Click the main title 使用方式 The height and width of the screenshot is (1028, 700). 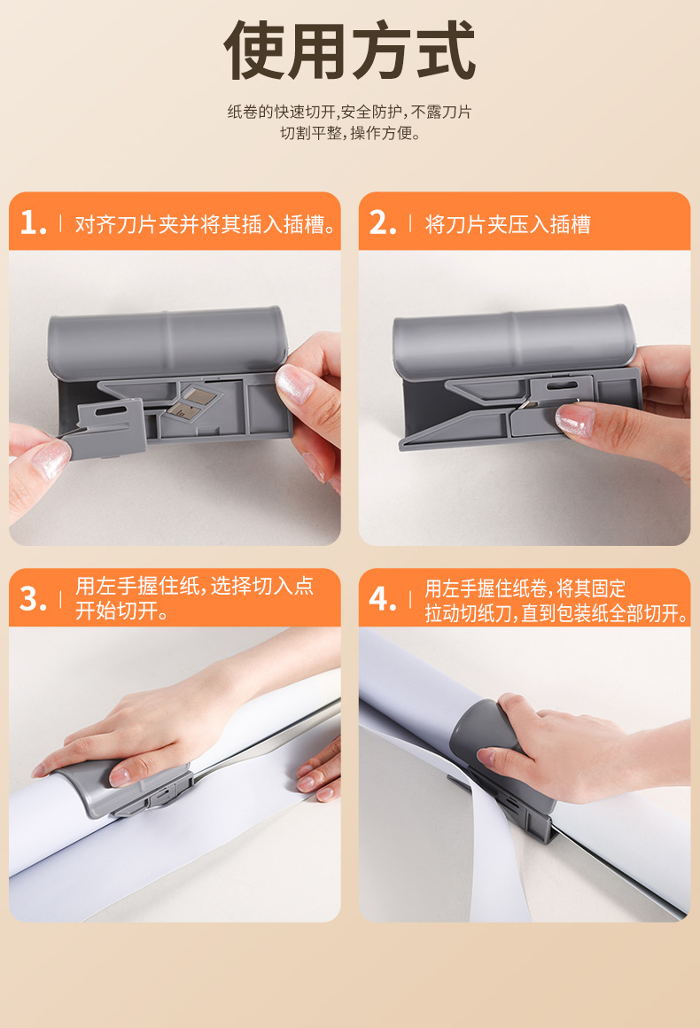349,51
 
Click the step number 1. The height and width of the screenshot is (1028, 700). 33,223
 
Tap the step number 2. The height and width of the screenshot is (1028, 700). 383,223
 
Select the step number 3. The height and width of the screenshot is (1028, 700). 33,598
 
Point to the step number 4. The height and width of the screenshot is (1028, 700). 383,598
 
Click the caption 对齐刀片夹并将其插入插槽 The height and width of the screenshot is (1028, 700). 205,224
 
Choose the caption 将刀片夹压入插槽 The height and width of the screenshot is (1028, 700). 508,224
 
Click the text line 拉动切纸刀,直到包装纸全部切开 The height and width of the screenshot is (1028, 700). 556,613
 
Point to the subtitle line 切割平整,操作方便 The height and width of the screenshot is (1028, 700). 350,133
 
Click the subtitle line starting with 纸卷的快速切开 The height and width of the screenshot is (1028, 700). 349,113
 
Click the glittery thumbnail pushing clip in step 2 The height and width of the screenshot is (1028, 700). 575,419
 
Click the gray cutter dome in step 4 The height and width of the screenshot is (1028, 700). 482,728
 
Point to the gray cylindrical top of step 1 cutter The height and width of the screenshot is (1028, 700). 167,341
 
